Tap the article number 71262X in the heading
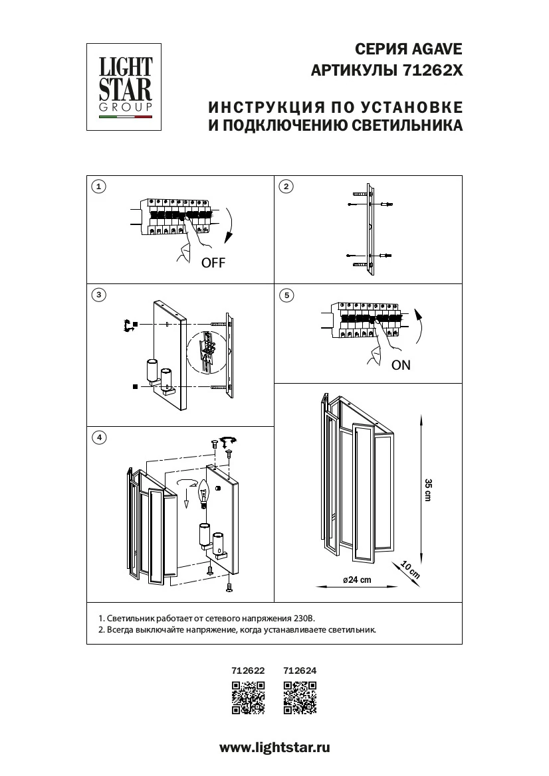(x=432, y=70)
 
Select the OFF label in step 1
(x=213, y=263)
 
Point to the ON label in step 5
(x=401, y=365)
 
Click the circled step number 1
(x=98, y=187)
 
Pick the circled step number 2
(x=286, y=187)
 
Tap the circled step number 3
(x=98, y=295)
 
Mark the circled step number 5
(x=286, y=295)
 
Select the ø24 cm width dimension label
(x=356, y=580)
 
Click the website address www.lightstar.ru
(x=274, y=747)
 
